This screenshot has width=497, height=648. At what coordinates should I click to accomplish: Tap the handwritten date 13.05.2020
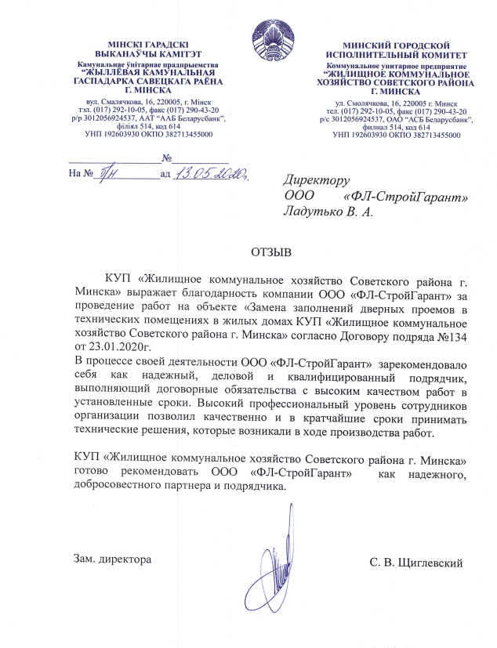(211, 172)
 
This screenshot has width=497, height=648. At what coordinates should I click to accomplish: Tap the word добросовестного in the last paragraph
(113, 483)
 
